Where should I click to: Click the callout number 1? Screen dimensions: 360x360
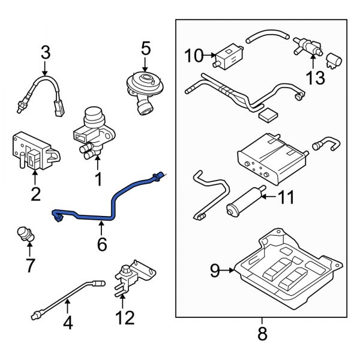[x=97, y=179]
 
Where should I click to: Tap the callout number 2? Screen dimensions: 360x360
[x=35, y=193]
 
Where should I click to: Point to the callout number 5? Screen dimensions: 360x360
[x=145, y=46]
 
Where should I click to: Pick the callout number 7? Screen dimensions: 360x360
[x=30, y=264]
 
